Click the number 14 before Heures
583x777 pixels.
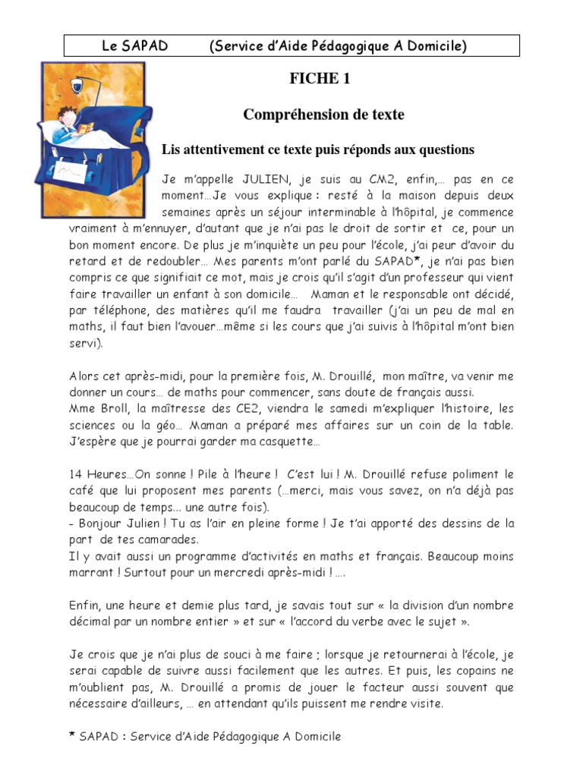pyautogui.click(x=76, y=474)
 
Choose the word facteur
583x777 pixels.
pyautogui.click(x=373, y=687)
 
